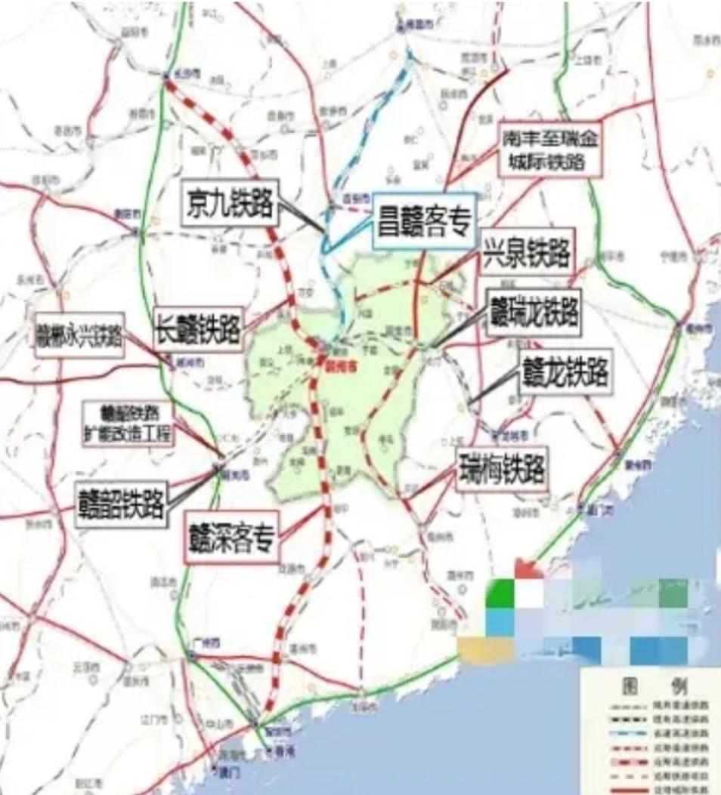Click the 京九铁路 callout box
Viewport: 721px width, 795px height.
pos(229,202)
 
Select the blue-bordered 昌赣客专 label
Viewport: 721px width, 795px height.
pos(423,220)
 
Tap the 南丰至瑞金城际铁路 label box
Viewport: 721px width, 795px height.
pos(550,150)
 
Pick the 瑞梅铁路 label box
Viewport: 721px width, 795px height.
pos(502,470)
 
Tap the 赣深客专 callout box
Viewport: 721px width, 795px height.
pos(233,537)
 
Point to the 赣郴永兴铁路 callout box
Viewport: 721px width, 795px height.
pos(79,335)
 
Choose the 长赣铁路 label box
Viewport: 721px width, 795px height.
pos(198,328)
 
